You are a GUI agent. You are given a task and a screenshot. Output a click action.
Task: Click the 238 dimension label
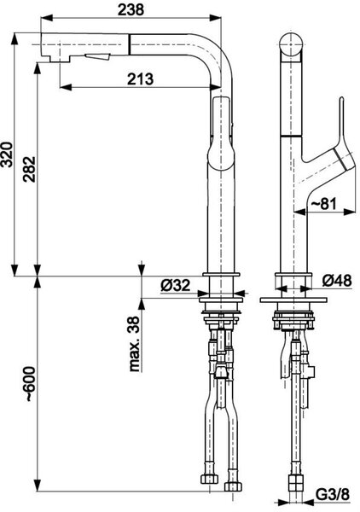[131, 9]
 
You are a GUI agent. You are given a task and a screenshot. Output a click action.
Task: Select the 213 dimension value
[140, 79]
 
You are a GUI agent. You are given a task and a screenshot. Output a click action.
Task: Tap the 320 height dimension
[7, 154]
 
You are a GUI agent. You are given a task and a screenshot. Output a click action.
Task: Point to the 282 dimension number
[29, 169]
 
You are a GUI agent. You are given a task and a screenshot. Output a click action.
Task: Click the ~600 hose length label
[30, 384]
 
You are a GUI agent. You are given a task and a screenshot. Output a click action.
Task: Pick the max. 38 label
[135, 344]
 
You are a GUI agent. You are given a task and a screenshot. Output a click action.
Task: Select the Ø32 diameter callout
[175, 286]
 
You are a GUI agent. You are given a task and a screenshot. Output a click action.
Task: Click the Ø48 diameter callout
[337, 281]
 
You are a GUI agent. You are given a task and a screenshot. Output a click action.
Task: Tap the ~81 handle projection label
[322, 204]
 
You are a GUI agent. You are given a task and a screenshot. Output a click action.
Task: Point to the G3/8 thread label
[333, 495]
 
